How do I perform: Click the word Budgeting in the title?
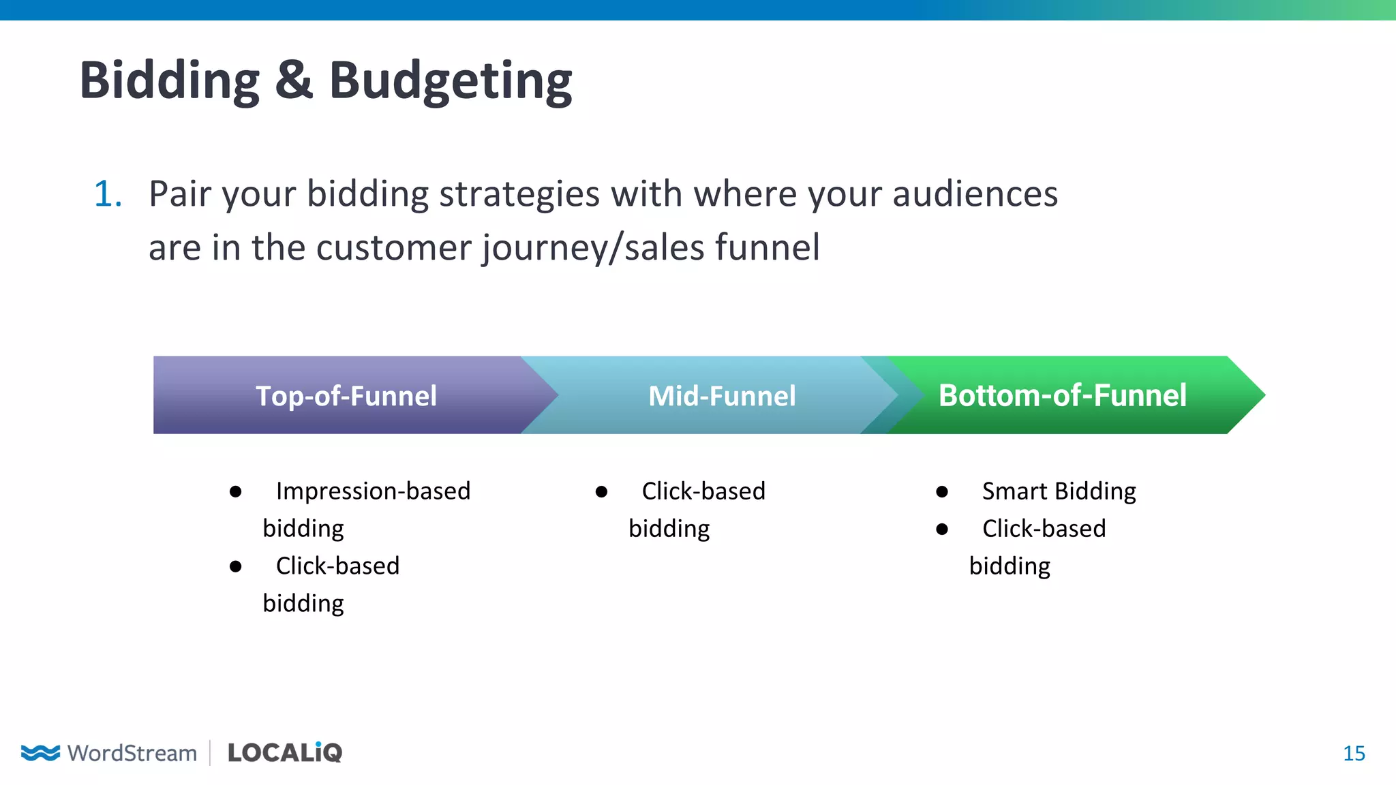(451, 80)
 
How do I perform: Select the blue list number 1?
(107, 194)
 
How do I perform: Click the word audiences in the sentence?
(975, 194)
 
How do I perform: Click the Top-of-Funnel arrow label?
(346, 396)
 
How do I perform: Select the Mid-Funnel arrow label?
(721, 396)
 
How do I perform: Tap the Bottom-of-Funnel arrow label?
(1062, 396)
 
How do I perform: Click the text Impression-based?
(373, 491)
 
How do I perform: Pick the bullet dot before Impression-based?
(236, 492)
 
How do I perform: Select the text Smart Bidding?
(1059, 491)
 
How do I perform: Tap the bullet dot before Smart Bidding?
(942, 492)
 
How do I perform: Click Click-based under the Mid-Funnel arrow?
(703, 491)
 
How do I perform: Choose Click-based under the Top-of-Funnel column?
(337, 566)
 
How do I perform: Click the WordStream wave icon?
(40, 752)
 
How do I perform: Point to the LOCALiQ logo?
(284, 752)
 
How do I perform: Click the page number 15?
(1354, 753)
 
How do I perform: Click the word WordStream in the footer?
(132, 753)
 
